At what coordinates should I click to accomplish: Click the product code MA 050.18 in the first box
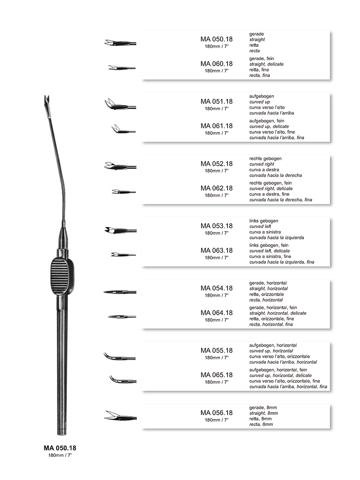[x=216, y=39]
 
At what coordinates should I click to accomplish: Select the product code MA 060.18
[x=216, y=64]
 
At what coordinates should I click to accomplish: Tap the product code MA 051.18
[x=216, y=102]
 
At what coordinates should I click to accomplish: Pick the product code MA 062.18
[x=216, y=188]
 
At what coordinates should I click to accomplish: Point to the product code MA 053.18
[x=216, y=226]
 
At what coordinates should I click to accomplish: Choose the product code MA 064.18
[x=216, y=313]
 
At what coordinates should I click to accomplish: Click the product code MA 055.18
[x=216, y=351]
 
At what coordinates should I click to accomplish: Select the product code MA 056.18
[x=216, y=413]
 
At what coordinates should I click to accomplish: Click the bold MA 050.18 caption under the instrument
[x=60, y=448]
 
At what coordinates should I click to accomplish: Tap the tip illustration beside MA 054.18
[x=120, y=292]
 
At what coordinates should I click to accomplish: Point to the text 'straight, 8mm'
[x=264, y=413]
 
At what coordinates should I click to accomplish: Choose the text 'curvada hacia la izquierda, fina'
[x=282, y=262]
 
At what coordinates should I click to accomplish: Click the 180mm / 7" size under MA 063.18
[x=216, y=258]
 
